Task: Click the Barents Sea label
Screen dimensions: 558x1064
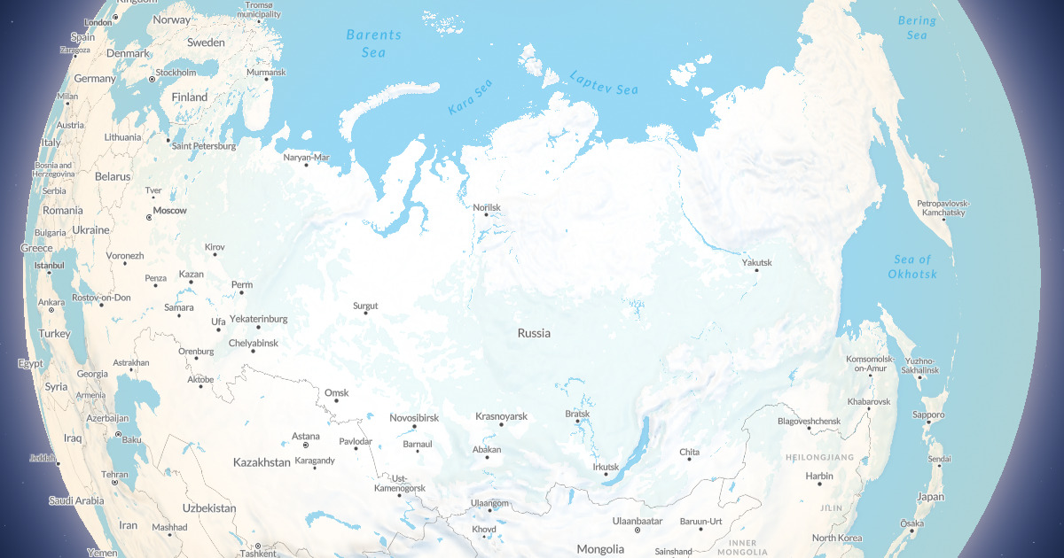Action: click(373, 43)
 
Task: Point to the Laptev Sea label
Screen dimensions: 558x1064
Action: click(604, 83)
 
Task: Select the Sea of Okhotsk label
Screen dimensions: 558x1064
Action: click(912, 267)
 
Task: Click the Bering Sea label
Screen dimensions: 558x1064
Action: click(917, 27)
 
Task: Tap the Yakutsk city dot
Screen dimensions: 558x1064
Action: click(756, 270)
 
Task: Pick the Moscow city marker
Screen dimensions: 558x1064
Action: click(149, 216)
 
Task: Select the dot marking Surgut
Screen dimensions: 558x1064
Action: click(365, 314)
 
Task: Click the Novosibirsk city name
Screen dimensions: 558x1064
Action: click(414, 417)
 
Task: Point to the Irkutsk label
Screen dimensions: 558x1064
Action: click(605, 467)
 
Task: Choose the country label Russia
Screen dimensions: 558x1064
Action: click(534, 334)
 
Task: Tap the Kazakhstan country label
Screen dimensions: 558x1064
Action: click(262, 462)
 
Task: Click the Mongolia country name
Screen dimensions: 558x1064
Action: click(600, 549)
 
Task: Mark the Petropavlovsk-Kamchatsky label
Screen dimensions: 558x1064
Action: click(943, 208)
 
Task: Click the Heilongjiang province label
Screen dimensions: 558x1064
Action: click(819, 457)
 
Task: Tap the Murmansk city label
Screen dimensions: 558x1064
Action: click(267, 73)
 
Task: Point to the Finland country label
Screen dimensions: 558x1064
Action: click(190, 97)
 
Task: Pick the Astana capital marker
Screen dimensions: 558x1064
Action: click(306, 444)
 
